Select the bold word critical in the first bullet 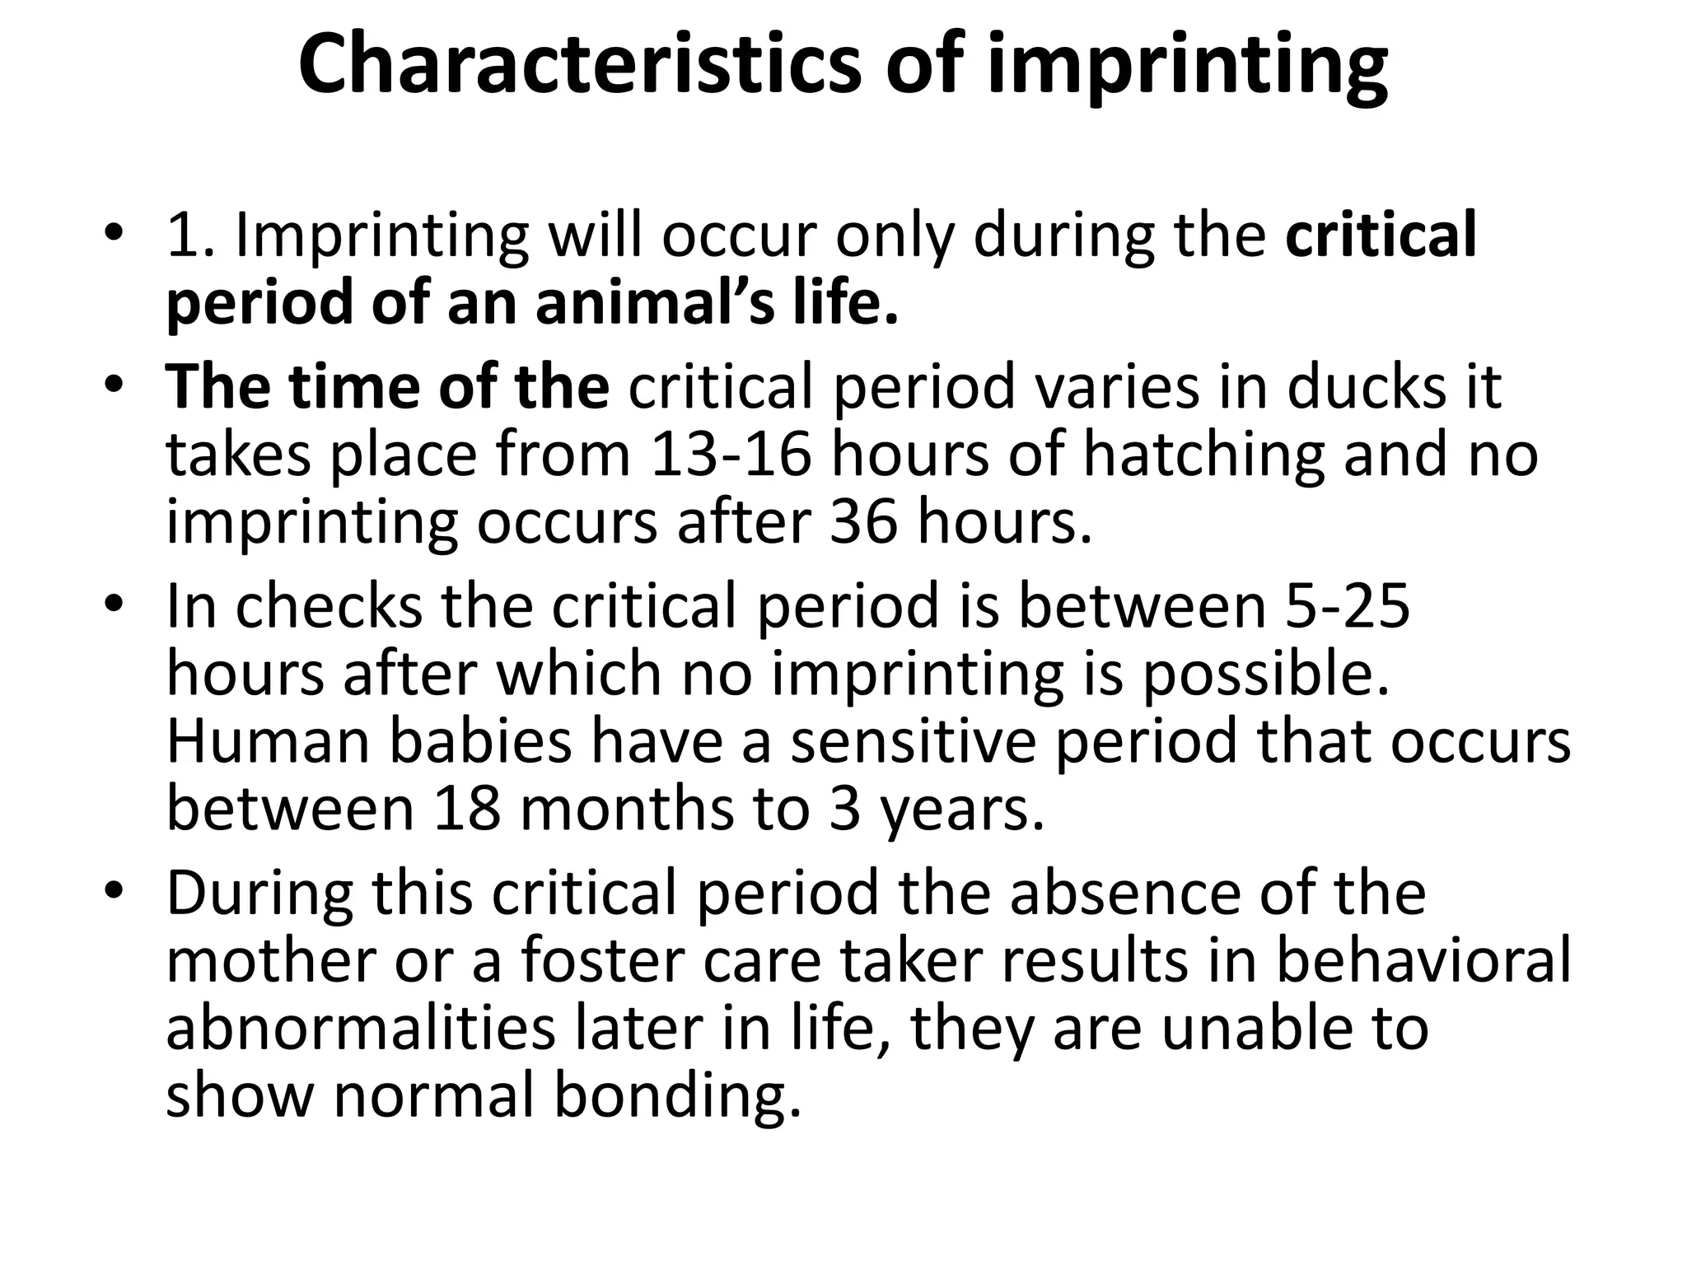click(x=1381, y=236)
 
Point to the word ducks click(x=1366, y=387)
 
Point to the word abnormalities click(x=361, y=1029)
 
